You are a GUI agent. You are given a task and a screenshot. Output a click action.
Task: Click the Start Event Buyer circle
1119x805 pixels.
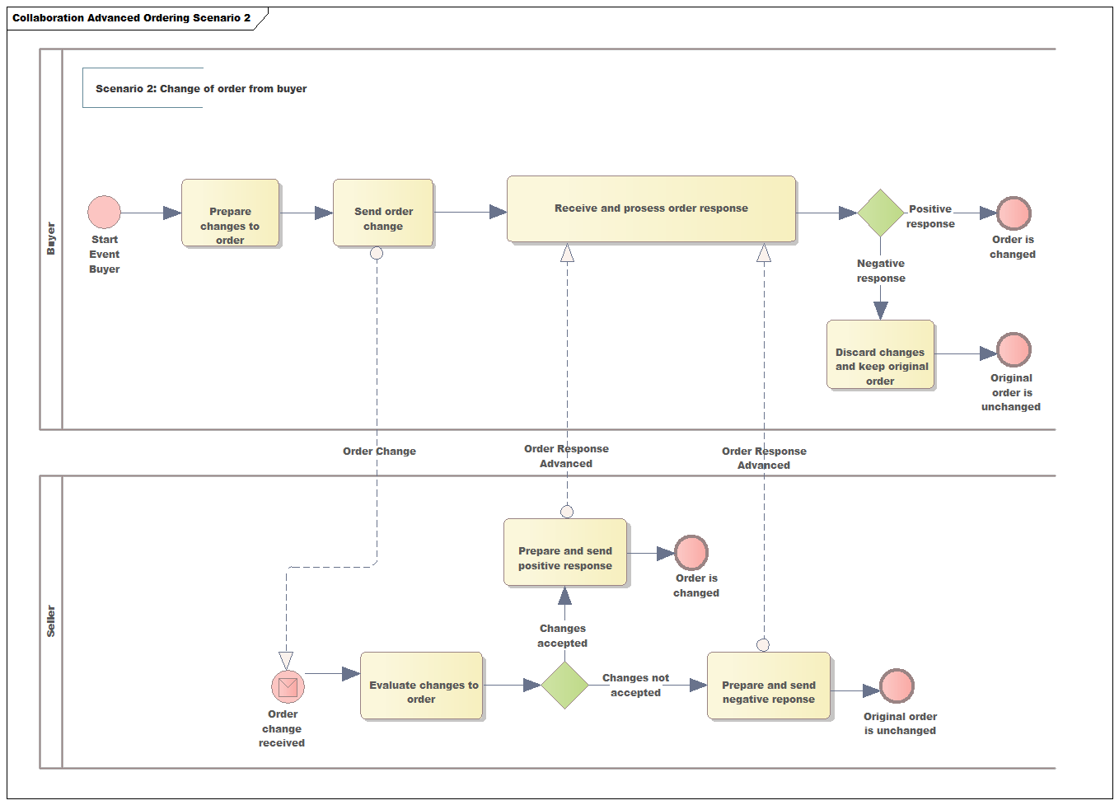click(x=105, y=213)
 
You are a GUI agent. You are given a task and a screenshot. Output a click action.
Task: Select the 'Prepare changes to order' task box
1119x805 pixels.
click(x=231, y=213)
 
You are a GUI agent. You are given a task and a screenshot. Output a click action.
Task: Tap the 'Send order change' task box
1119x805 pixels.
click(x=383, y=213)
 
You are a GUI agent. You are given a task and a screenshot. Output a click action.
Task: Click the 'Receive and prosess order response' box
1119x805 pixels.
click(x=651, y=208)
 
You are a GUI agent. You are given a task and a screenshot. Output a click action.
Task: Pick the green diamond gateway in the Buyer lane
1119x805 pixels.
click(x=881, y=213)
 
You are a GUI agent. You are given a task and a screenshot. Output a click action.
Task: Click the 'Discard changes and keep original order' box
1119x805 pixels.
click(x=880, y=354)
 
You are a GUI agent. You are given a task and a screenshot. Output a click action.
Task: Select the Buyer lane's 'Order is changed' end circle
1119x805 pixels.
click(x=1014, y=213)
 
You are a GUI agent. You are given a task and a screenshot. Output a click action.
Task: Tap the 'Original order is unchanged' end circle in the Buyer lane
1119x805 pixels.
click(x=1014, y=350)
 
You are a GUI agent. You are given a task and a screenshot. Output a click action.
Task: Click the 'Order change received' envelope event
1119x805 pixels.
click(x=288, y=686)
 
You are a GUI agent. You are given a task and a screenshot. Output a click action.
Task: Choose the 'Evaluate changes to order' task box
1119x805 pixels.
click(x=422, y=686)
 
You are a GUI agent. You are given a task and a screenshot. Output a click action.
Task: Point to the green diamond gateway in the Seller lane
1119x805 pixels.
click(x=565, y=685)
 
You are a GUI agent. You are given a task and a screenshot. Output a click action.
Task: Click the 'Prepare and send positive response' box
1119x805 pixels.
click(x=565, y=552)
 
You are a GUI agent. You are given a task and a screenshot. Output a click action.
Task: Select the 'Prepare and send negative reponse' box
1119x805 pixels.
click(x=769, y=686)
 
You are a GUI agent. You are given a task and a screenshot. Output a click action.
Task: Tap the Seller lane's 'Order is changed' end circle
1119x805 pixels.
click(x=691, y=553)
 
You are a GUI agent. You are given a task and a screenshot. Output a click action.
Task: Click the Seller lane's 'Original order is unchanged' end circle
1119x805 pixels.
click(x=897, y=686)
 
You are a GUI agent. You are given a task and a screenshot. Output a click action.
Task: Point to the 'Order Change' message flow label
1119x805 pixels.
click(x=379, y=452)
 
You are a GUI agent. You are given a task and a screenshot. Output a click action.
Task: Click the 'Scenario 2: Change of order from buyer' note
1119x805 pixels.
click(x=200, y=88)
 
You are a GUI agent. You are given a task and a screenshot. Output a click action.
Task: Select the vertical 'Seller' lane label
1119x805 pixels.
click(x=51, y=621)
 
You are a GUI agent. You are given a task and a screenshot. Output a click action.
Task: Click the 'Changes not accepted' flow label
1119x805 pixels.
click(x=635, y=685)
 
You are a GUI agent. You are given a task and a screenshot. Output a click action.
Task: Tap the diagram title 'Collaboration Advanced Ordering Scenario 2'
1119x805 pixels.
click(x=132, y=18)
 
